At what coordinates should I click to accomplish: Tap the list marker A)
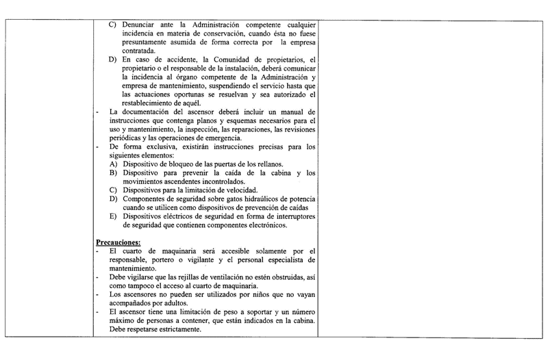pos(114,165)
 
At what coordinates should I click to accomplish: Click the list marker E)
pos(114,217)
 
